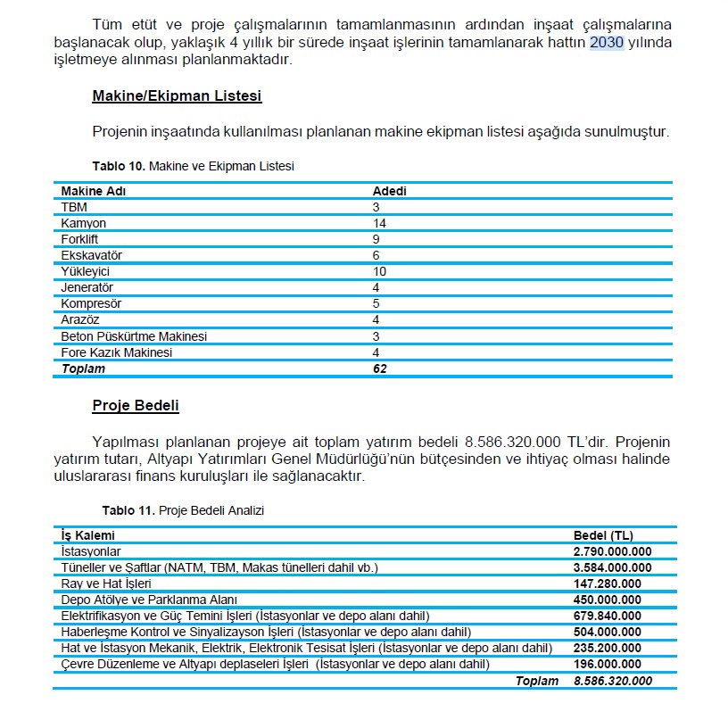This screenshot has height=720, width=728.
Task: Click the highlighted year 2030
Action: [607, 43]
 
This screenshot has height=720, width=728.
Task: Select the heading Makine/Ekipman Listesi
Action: [177, 95]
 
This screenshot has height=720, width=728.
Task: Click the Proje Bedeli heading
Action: [136, 406]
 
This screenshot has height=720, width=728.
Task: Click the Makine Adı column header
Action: [93, 191]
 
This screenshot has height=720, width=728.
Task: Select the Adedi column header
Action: [389, 191]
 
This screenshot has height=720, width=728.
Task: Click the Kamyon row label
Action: [83, 223]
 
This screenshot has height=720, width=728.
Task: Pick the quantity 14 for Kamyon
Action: [379, 223]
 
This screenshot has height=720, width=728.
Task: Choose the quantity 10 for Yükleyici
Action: [379, 271]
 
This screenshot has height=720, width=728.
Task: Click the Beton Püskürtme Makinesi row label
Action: [134, 336]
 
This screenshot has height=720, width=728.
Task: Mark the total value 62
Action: [379, 368]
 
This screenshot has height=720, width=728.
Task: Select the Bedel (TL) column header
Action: [602, 535]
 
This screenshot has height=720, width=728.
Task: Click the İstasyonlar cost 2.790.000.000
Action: [612, 551]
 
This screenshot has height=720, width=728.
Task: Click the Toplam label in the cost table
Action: [536, 681]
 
